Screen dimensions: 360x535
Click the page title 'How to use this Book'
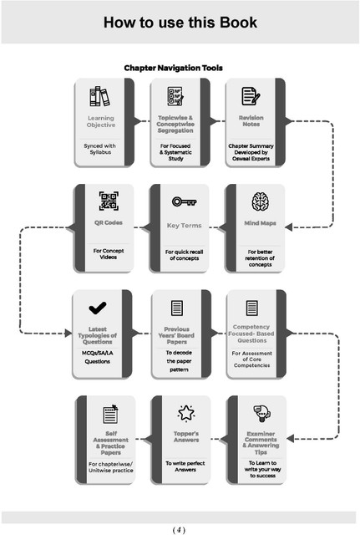(x=180, y=23)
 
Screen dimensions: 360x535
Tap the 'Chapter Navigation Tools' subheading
(x=173, y=68)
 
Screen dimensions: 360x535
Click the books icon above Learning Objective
(x=100, y=96)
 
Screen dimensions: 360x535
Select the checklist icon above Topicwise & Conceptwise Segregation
(x=175, y=96)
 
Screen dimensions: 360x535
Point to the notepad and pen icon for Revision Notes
(x=251, y=96)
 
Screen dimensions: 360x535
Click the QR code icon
(x=109, y=201)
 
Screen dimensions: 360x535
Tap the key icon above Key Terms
(x=184, y=201)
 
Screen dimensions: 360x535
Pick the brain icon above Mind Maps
(x=261, y=201)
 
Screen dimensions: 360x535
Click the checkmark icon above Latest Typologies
(x=98, y=308)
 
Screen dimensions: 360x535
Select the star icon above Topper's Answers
(x=186, y=413)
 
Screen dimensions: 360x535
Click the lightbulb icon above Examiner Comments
(x=261, y=413)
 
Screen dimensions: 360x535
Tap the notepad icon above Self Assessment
(x=110, y=414)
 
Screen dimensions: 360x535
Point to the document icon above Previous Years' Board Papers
(x=176, y=308)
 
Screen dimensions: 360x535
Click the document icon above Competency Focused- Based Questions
(x=252, y=308)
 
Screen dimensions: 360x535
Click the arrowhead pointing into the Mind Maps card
(x=288, y=227)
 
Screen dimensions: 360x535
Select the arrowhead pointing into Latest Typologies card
(x=68, y=333)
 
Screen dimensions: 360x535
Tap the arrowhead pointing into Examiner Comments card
(x=290, y=438)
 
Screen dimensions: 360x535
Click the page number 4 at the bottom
(x=179, y=530)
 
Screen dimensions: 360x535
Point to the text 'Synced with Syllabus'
(x=100, y=149)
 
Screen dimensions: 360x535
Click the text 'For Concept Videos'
(x=109, y=254)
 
